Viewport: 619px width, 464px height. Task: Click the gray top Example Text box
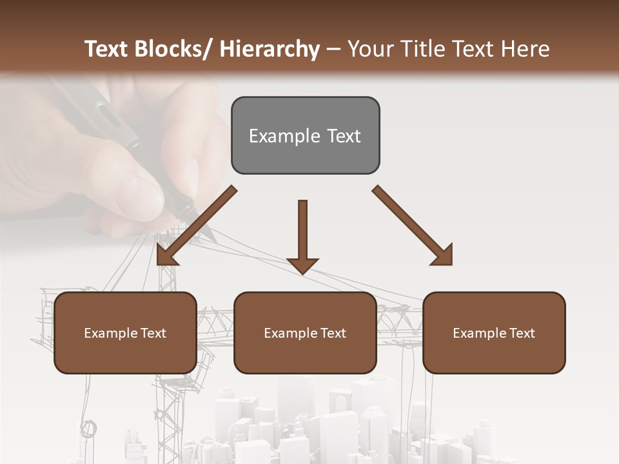305,135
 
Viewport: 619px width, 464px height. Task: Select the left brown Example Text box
125,333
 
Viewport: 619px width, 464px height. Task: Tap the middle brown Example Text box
305,333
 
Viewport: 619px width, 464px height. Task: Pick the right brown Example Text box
494,333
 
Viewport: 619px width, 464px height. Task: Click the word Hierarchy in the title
270,49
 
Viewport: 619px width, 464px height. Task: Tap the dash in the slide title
333,49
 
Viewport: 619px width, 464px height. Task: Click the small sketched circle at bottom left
88,427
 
